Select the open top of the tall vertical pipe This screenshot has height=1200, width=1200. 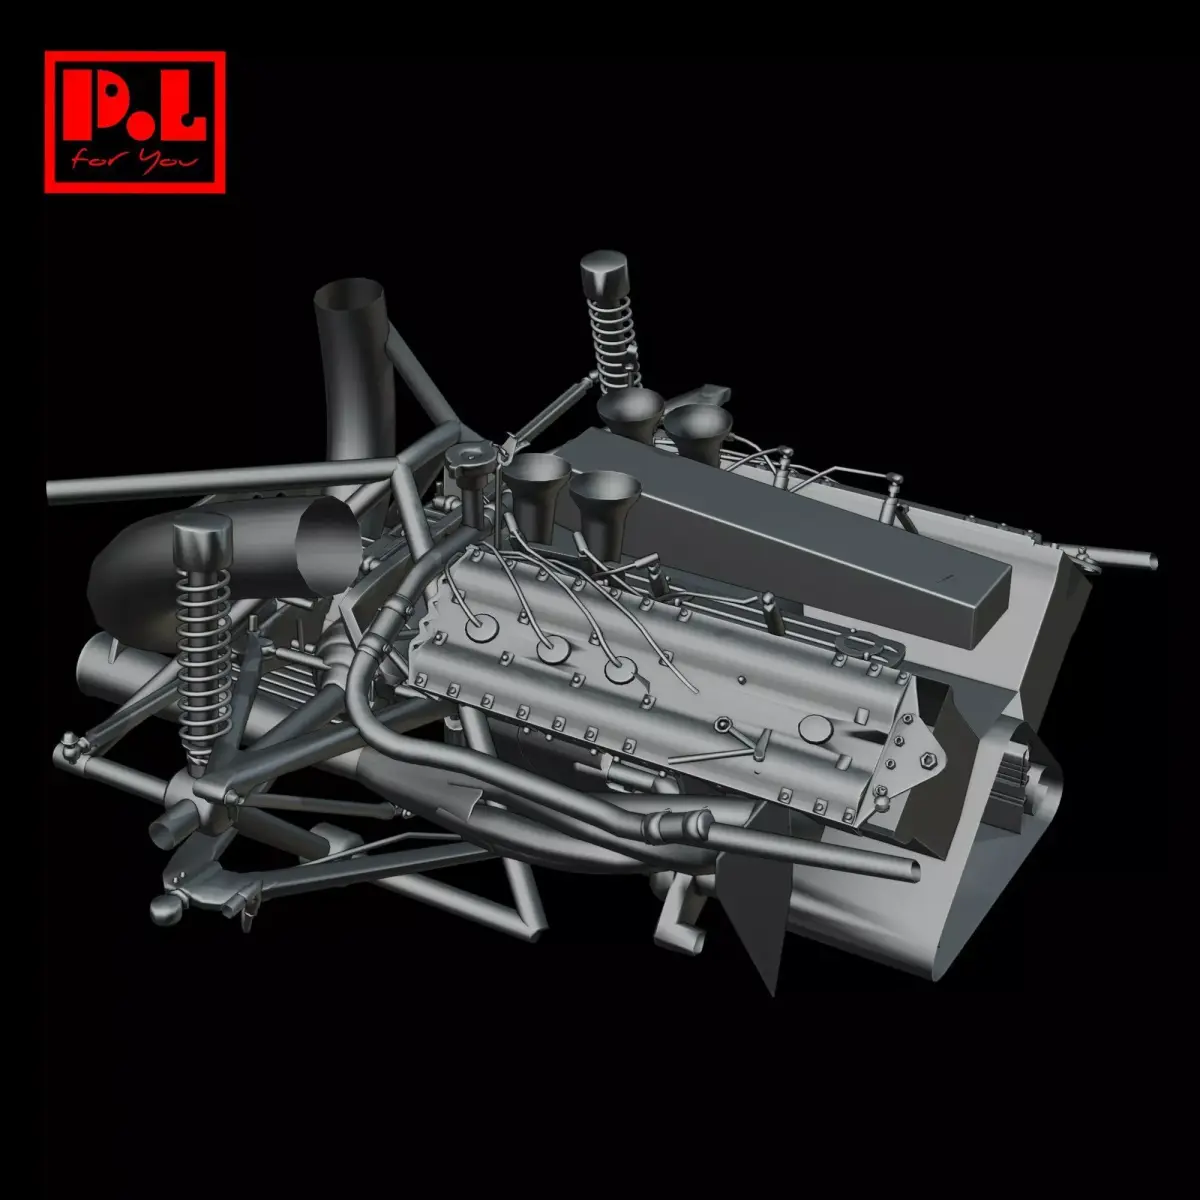(x=348, y=297)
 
